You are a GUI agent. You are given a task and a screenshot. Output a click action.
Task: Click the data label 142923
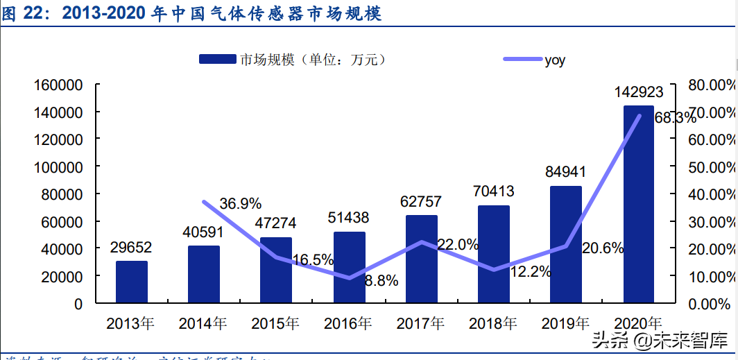(x=639, y=92)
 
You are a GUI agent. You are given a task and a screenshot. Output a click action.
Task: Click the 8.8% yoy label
(x=381, y=281)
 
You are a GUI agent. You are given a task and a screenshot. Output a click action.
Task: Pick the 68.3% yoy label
(x=674, y=118)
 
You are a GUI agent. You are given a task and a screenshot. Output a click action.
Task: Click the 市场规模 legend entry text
(x=311, y=60)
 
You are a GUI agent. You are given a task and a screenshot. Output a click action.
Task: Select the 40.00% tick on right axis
(x=710, y=194)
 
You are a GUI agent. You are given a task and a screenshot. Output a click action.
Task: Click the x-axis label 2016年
(x=348, y=323)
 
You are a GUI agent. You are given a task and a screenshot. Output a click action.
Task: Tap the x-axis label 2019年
(x=565, y=323)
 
